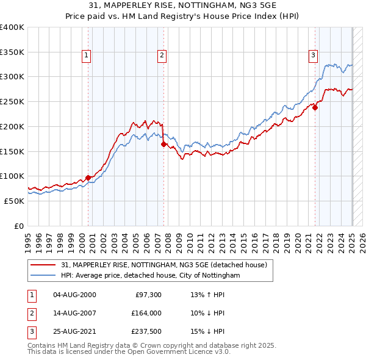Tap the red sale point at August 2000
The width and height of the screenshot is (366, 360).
pyautogui.click(x=88, y=178)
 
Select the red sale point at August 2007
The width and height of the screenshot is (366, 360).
pyautogui.click(x=164, y=145)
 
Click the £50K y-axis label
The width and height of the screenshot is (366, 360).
pyautogui.click(x=14, y=201)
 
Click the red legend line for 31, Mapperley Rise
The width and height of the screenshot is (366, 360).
pyautogui.click(x=45, y=265)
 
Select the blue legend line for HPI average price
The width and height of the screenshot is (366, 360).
pyautogui.click(x=45, y=276)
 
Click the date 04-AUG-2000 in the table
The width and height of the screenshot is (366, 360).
pyautogui.click(x=74, y=295)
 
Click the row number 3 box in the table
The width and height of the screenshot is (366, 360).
pyautogui.click(x=31, y=331)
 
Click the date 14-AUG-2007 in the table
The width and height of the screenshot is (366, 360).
pyautogui.click(x=74, y=313)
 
